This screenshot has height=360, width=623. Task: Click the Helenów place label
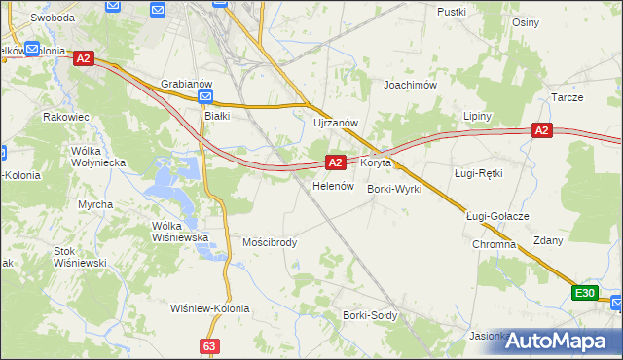pos(331,185)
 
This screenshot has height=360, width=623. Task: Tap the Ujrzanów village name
pos(337,123)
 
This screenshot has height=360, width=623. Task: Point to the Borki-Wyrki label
pos(394,189)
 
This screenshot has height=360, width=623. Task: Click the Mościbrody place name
pos(270,242)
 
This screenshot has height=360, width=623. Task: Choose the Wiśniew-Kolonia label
pos(209,308)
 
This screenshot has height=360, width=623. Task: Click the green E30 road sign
pos(584,293)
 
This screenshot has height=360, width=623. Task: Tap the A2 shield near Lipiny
pos(542,130)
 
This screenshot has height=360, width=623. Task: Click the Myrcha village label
pos(95,204)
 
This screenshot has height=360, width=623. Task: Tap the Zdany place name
pos(548,240)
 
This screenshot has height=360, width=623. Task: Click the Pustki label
pos(453,12)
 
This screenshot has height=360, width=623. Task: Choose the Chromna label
pos(494,244)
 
